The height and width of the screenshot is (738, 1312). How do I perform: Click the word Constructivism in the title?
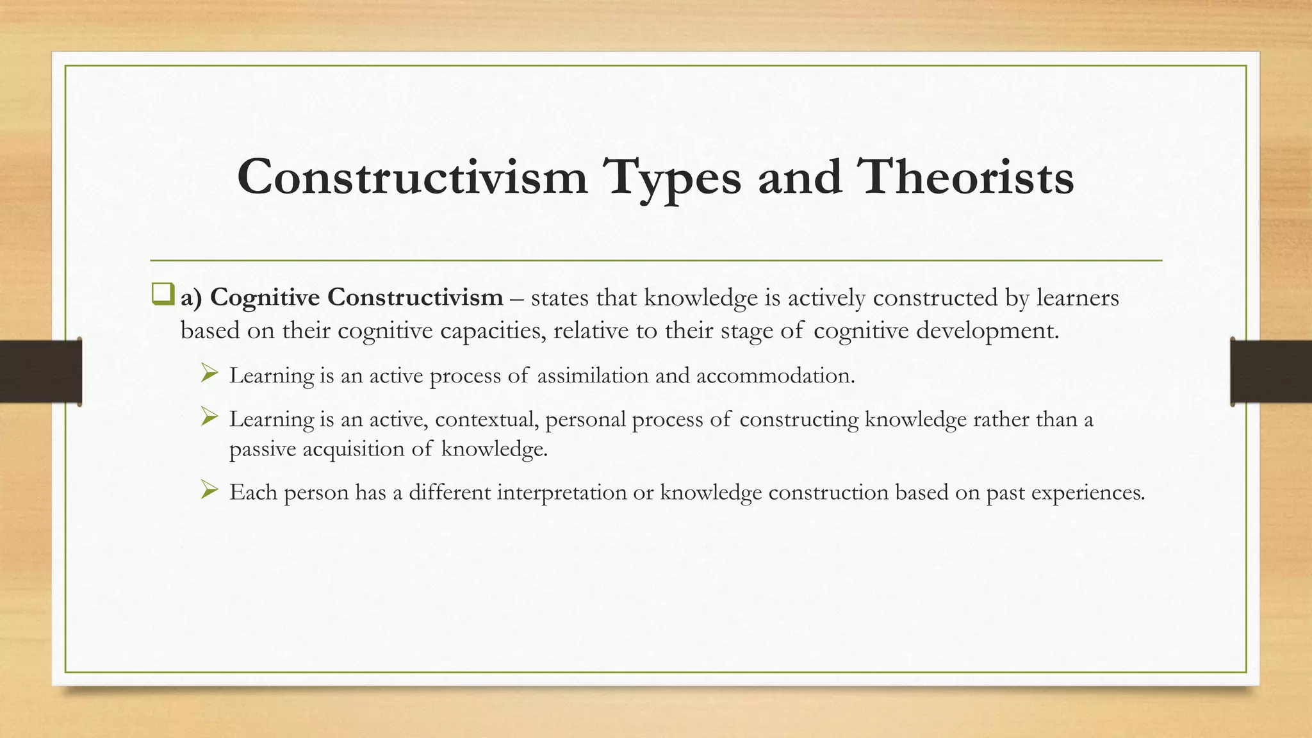click(412, 177)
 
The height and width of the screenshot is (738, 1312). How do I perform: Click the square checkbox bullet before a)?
click(162, 295)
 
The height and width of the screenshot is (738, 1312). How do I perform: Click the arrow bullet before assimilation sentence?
click(209, 373)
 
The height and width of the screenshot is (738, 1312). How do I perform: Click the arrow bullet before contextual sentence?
click(209, 417)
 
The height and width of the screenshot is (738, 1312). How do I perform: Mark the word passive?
click(263, 449)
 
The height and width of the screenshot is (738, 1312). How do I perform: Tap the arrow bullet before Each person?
click(209, 490)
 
